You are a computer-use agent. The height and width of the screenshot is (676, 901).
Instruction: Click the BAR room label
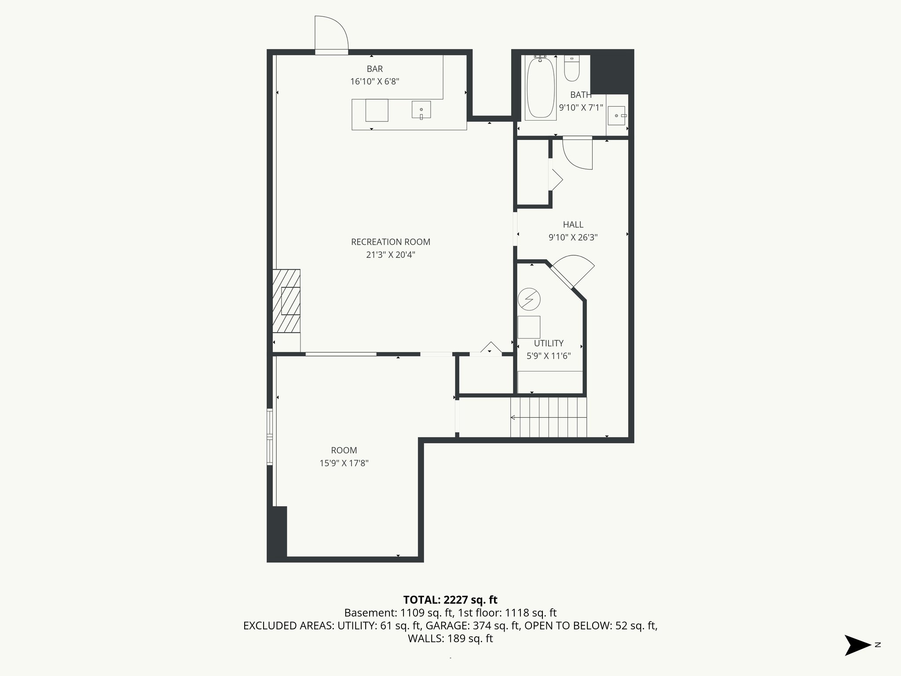[x=375, y=69]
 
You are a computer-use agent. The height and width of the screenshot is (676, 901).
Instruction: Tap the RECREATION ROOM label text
[x=391, y=242]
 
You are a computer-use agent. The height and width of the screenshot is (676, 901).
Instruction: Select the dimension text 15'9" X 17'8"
[x=344, y=463]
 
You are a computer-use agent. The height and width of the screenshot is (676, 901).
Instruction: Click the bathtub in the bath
[x=540, y=88]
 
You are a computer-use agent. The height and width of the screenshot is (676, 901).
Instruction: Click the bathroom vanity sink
[x=617, y=116]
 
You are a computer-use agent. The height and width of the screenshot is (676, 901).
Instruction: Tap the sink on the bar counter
[x=421, y=110]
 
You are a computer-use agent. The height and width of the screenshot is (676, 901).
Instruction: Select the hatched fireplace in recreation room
[x=286, y=301]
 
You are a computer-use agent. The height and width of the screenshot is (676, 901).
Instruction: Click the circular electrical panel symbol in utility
[x=528, y=299]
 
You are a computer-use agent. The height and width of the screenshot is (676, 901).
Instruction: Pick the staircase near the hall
[x=549, y=417]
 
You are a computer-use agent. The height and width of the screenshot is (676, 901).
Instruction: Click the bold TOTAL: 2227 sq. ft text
[x=450, y=600]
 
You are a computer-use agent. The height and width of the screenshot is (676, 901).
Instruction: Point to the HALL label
[x=573, y=225]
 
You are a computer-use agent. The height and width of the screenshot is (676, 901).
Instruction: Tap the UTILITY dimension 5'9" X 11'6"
[x=549, y=356]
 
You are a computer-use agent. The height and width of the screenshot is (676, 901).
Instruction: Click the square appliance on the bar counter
[x=377, y=110]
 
